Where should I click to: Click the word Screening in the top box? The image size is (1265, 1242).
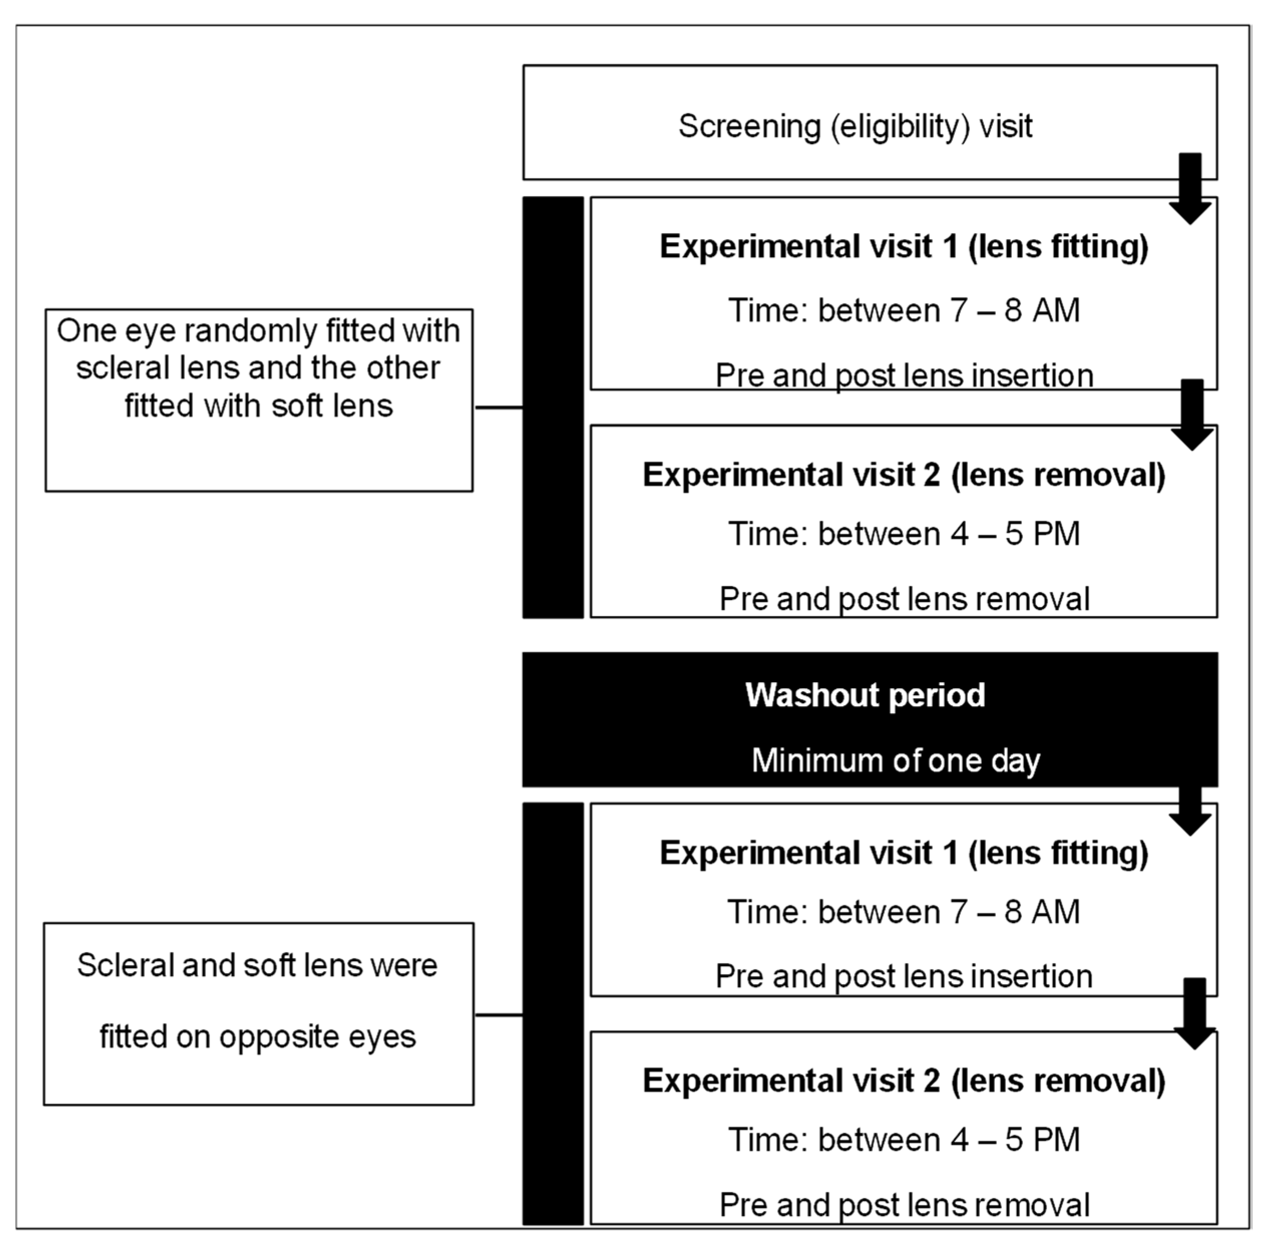[749, 126]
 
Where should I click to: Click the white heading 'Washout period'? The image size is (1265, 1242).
[865, 695]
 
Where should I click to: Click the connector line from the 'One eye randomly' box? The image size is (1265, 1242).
[499, 407]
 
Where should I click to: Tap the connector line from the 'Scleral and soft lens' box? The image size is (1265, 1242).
[499, 1015]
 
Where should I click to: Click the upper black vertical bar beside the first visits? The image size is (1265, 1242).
[553, 407]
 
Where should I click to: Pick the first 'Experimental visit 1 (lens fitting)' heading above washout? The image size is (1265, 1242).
[904, 247]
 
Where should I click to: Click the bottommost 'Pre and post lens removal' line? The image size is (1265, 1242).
[904, 1205]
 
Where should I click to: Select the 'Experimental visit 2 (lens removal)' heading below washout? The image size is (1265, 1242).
[904, 1081]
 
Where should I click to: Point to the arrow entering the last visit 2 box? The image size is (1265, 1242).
[1194, 1013]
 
